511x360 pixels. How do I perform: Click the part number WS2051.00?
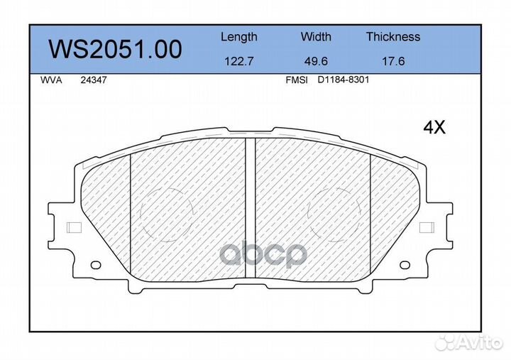click(x=115, y=49)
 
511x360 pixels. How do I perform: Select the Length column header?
click(x=239, y=37)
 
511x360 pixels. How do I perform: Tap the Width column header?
click(x=316, y=36)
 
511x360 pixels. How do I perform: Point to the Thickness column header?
click(x=393, y=36)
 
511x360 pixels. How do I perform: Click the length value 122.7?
click(x=239, y=61)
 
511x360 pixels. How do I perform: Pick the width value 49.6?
click(x=316, y=61)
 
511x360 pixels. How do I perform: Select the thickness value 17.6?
click(x=393, y=61)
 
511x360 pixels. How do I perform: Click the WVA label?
click(x=51, y=80)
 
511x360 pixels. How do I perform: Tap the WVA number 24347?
click(x=94, y=80)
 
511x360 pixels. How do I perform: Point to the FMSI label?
click(x=297, y=80)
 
